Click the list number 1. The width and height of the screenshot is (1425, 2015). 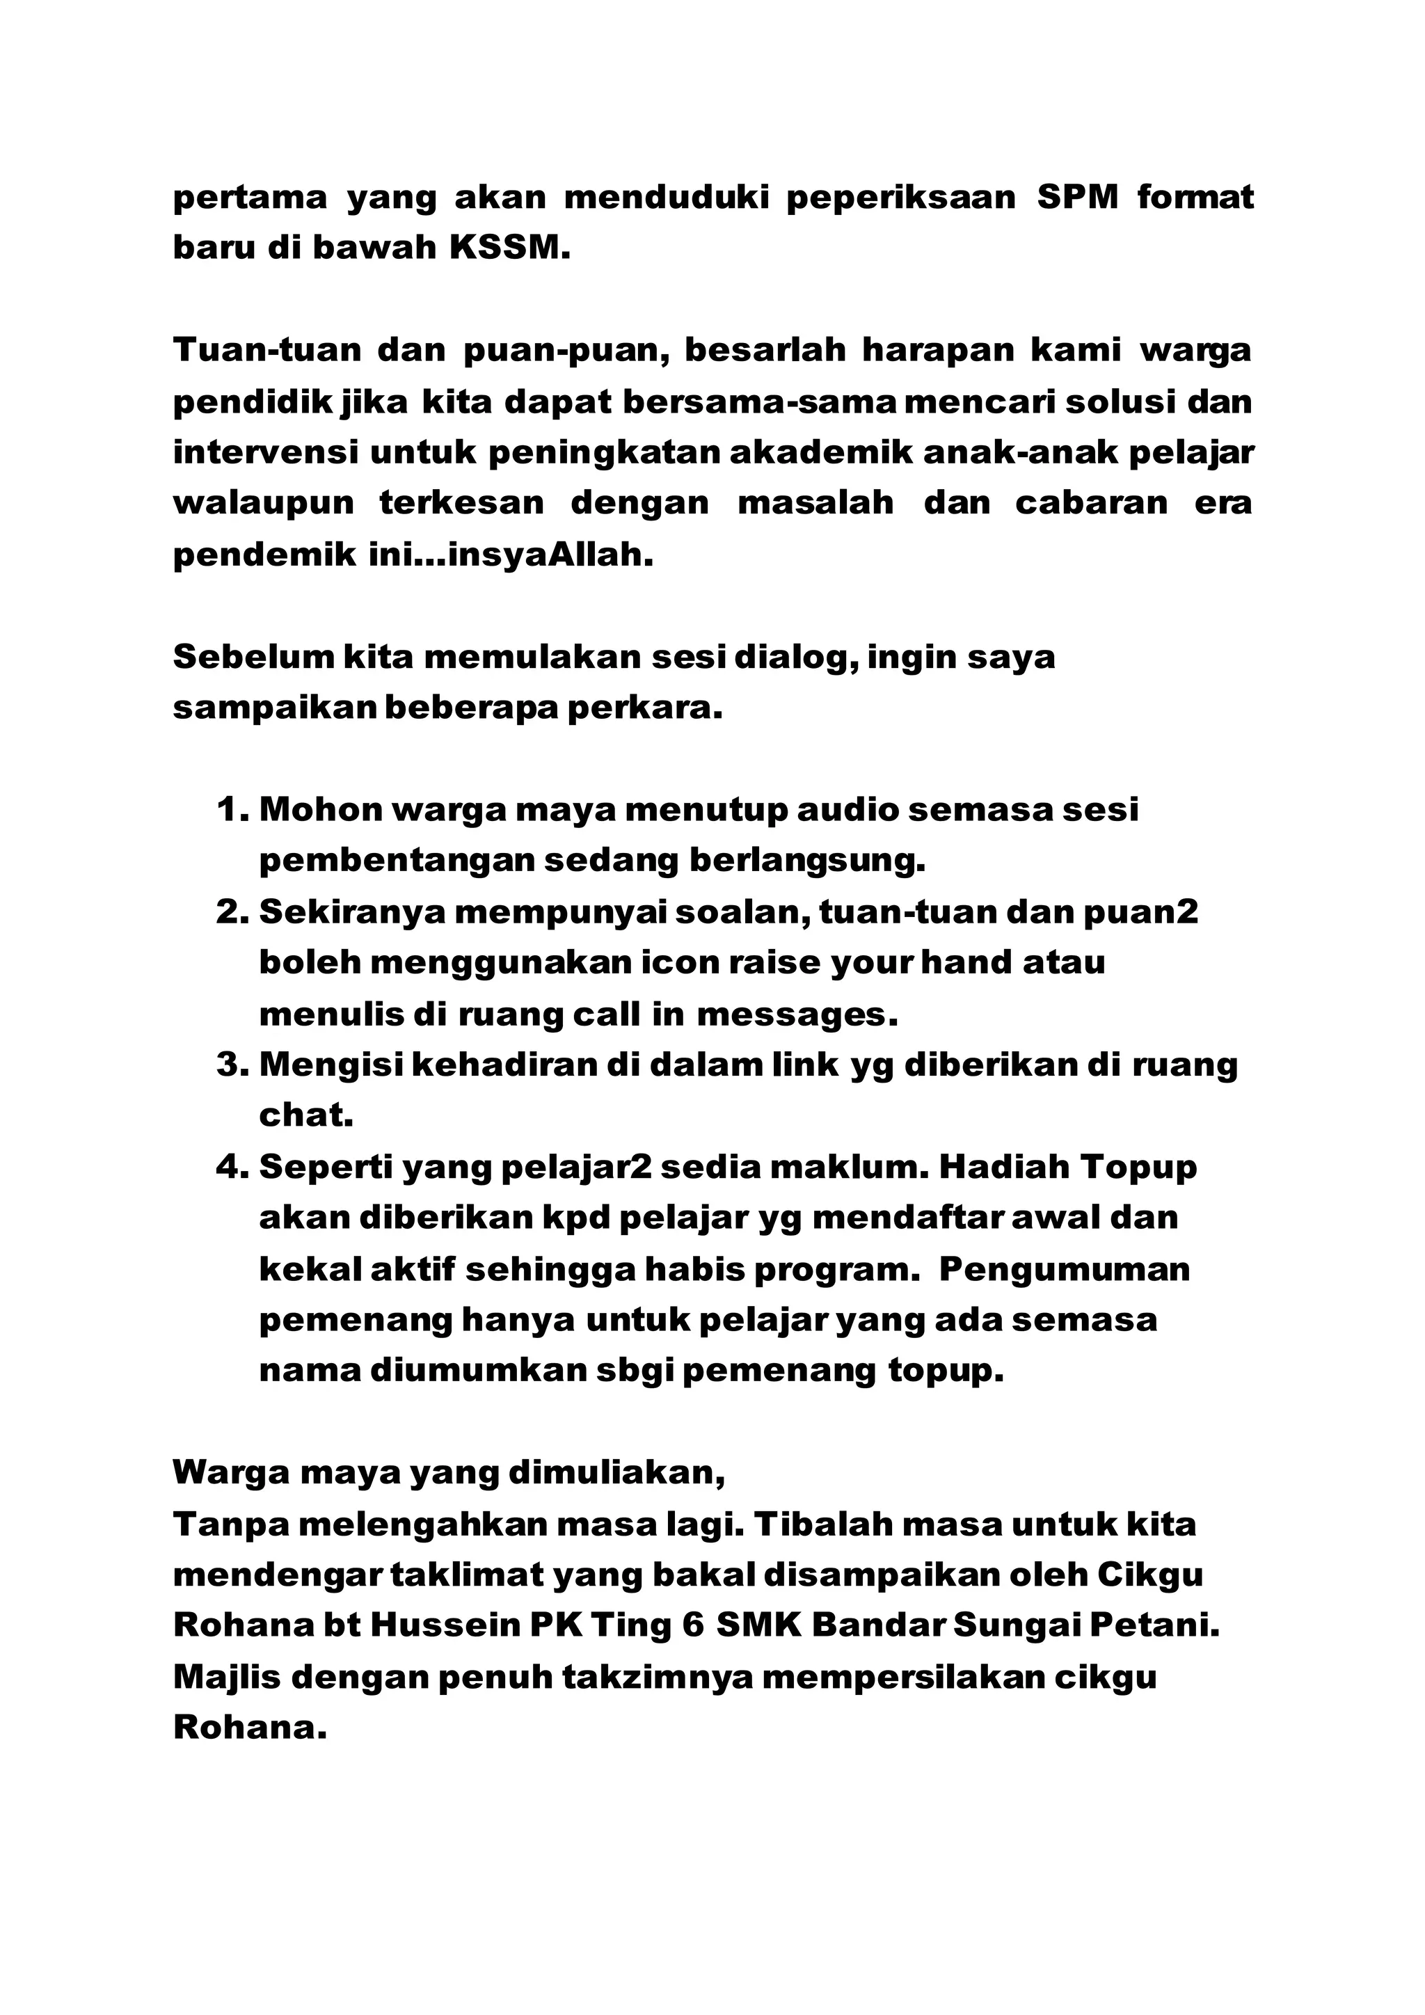232,809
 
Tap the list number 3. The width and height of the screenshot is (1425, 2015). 232,1065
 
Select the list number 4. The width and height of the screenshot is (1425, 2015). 232,1168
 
